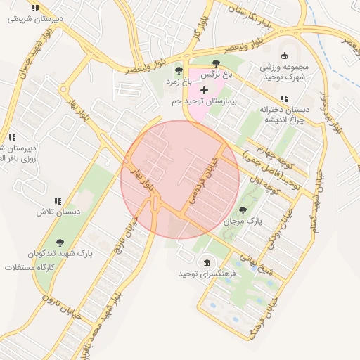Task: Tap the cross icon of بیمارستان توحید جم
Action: click(205, 91)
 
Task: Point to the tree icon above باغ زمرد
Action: click(179, 70)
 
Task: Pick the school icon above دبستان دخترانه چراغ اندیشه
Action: click(284, 98)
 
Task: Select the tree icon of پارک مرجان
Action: click(243, 210)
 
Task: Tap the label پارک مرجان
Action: click(243, 221)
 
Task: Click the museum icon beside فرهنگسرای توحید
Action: click(207, 263)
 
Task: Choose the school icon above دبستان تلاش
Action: click(57, 201)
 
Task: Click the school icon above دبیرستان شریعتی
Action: click(35, 8)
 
